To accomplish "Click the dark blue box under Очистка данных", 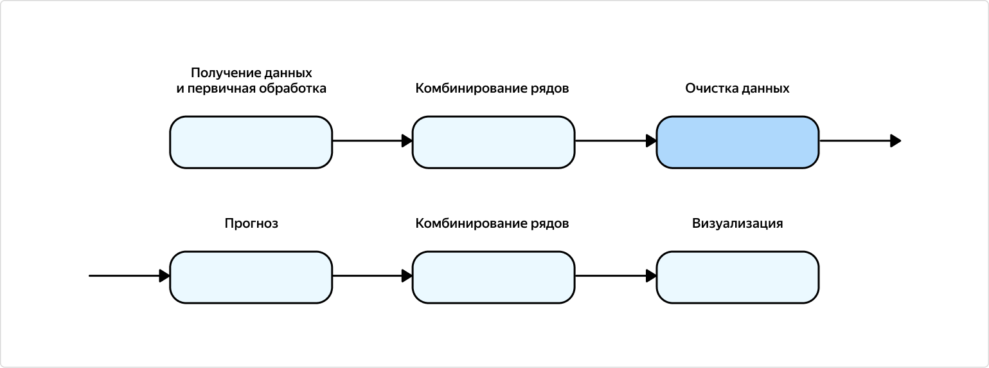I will tap(737, 142).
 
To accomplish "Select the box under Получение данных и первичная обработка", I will tap(251, 142).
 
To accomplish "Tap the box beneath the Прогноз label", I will tap(251, 277).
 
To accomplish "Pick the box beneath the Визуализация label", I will tap(737, 277).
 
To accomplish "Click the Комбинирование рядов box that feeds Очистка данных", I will tap(493, 142).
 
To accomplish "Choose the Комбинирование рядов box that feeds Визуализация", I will tap(493, 277).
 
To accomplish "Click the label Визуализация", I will tap(737, 224).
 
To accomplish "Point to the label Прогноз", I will tap(251, 224).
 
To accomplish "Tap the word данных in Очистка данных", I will tap(765, 88).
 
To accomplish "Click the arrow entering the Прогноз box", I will tap(129, 276).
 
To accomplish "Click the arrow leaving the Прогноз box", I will tap(372, 276).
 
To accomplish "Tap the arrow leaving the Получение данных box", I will tap(372, 141).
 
